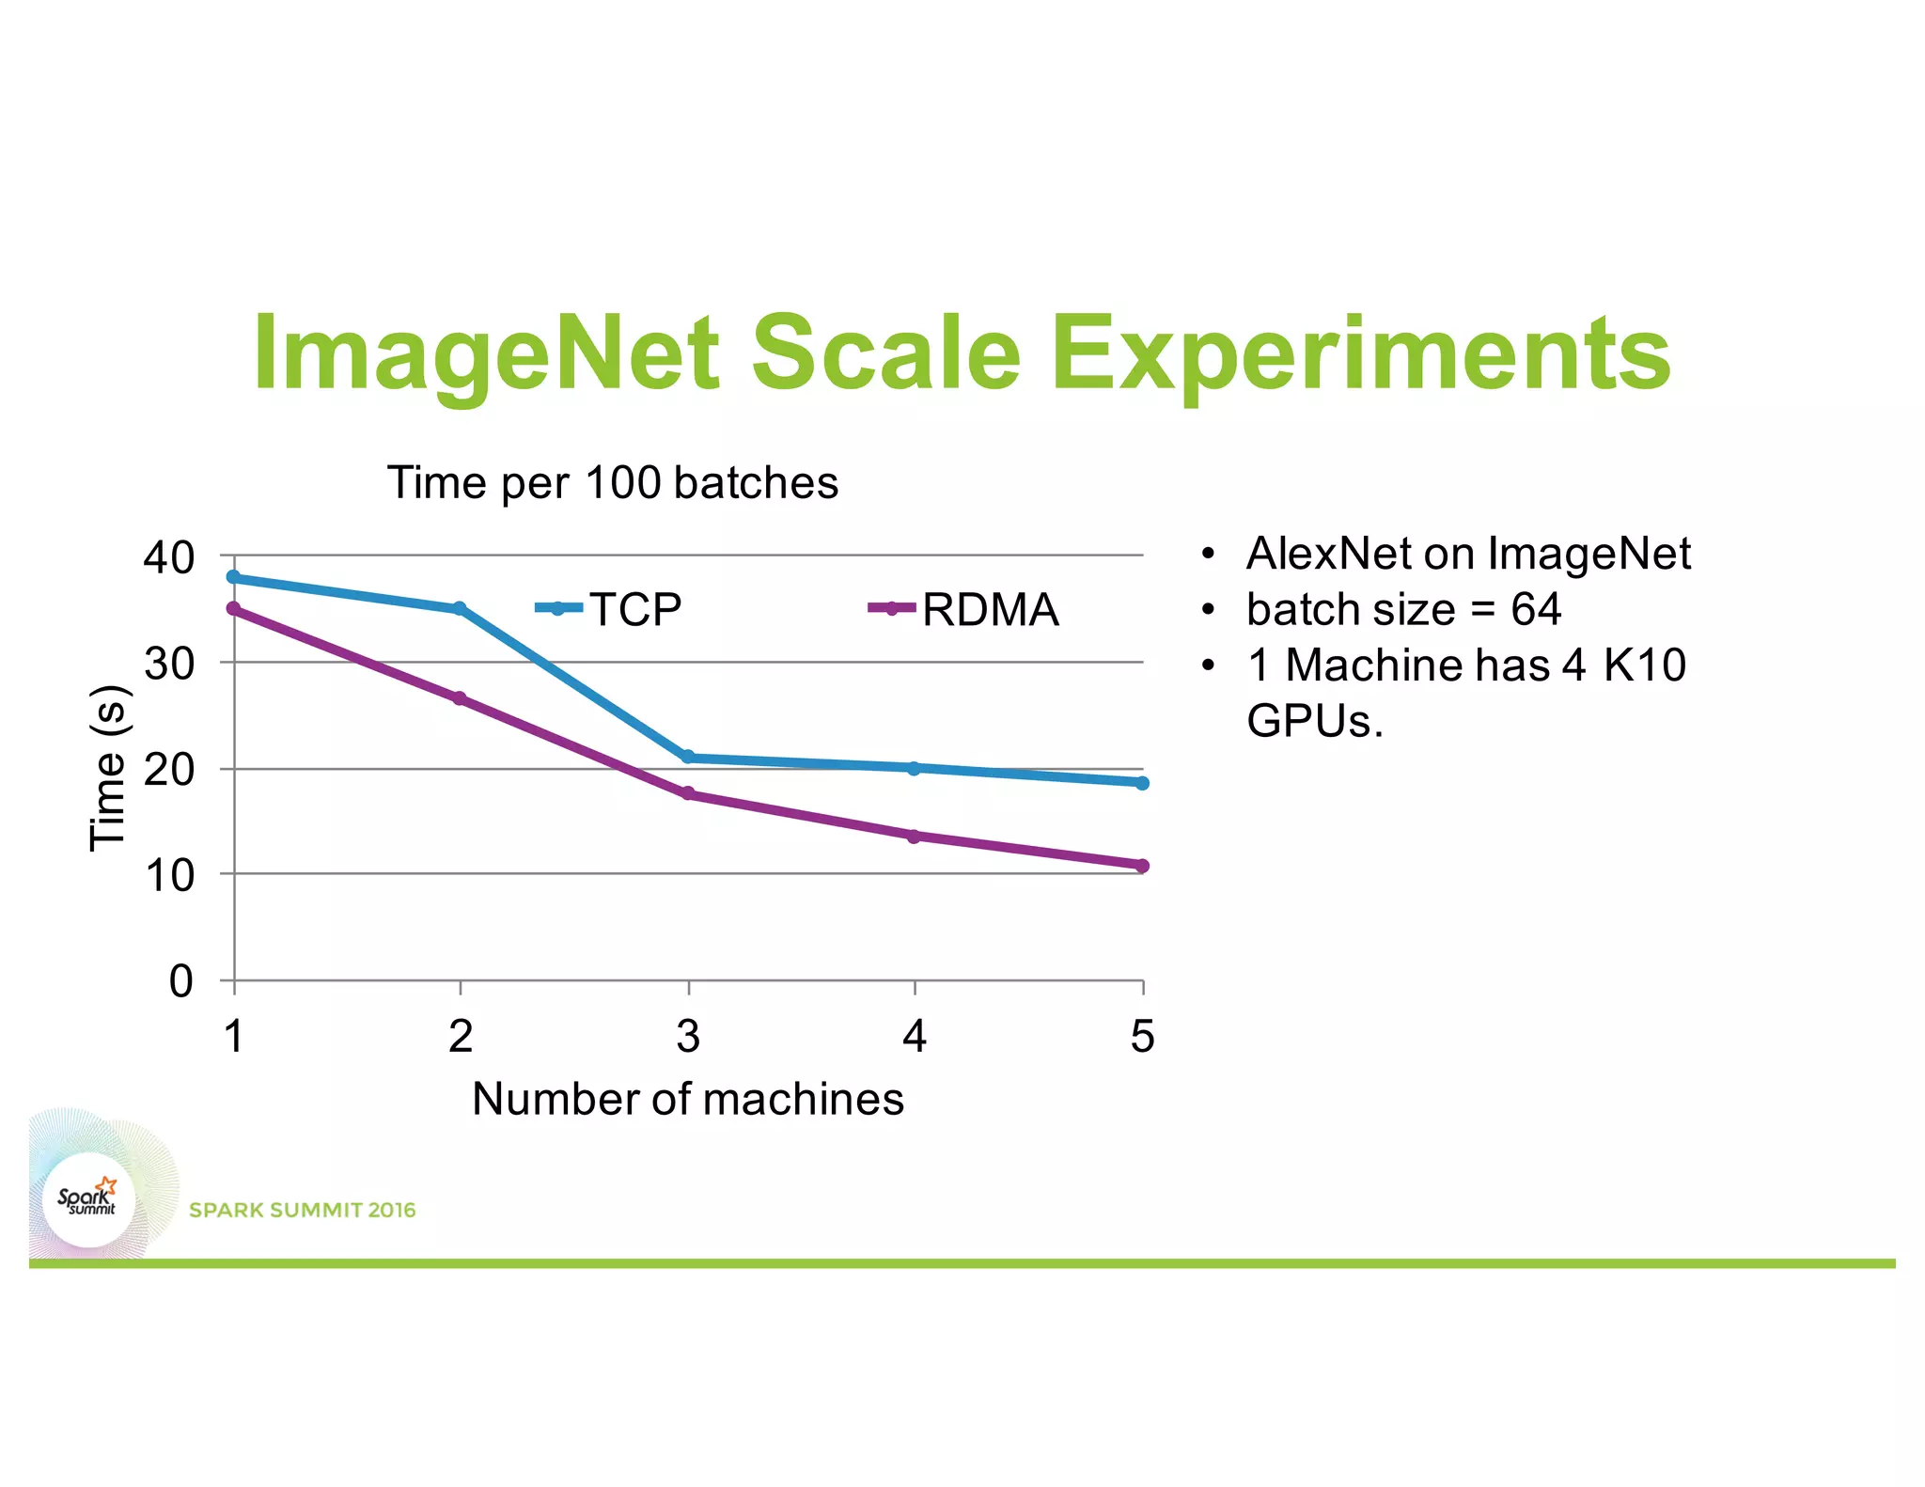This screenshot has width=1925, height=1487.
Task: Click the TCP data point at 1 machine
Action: [234, 577]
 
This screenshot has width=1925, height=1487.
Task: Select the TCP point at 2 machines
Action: [460, 609]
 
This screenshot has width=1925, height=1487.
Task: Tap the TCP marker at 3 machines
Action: [688, 757]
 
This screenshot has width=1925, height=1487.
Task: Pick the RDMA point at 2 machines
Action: [460, 698]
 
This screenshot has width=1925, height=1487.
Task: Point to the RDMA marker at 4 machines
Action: [915, 836]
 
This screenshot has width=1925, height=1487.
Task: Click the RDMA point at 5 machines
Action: [1142, 866]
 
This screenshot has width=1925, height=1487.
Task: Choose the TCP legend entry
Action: [609, 609]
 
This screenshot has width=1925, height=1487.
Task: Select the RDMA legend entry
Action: [964, 609]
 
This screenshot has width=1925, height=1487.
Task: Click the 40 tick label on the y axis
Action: [169, 557]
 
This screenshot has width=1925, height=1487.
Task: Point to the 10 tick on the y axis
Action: [169, 875]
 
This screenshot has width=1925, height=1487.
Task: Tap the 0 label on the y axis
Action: [180, 981]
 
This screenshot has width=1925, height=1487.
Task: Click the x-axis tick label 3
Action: [688, 1036]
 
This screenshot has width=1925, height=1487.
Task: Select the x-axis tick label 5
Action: [1142, 1036]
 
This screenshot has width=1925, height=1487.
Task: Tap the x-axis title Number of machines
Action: [688, 1099]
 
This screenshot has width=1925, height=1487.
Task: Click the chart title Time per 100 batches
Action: [613, 483]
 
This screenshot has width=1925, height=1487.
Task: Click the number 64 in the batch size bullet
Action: [1536, 609]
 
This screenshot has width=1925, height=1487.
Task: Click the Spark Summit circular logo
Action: [89, 1200]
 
